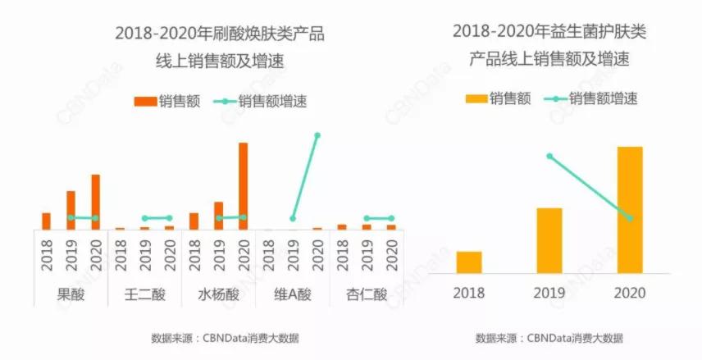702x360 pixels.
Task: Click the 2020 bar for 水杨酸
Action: (x=243, y=186)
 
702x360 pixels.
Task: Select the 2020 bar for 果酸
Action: (x=95, y=202)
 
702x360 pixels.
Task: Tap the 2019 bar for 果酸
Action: (x=71, y=210)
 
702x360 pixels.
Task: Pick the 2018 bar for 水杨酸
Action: (x=194, y=221)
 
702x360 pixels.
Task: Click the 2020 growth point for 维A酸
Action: (x=317, y=134)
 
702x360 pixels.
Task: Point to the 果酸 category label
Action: (x=71, y=294)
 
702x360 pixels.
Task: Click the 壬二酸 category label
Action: (x=144, y=294)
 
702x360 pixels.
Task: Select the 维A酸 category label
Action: (x=293, y=294)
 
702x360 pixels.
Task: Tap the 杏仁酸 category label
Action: (x=367, y=294)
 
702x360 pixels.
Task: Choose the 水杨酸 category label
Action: (x=218, y=294)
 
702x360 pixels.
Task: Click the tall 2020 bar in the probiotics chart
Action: (x=630, y=210)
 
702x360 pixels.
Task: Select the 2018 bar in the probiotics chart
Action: (x=469, y=262)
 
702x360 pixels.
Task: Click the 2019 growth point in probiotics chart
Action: (x=549, y=156)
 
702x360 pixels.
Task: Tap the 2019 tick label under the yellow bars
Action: (x=549, y=293)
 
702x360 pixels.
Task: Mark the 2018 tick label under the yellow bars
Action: (x=469, y=293)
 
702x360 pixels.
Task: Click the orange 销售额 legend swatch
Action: (x=146, y=101)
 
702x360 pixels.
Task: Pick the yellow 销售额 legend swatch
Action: (x=476, y=99)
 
